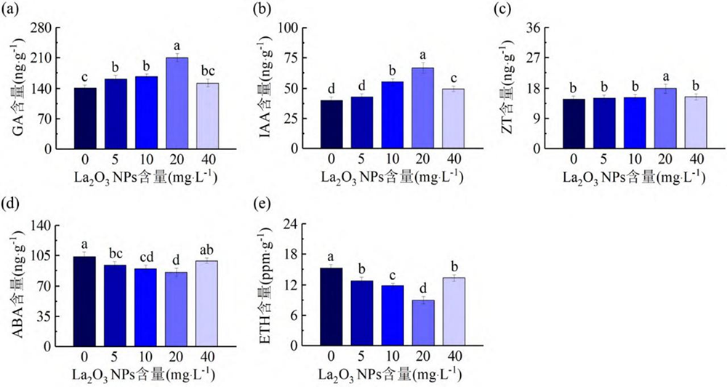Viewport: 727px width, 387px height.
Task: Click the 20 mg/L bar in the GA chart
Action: coord(177,103)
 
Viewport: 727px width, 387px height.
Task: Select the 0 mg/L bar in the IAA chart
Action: coord(332,124)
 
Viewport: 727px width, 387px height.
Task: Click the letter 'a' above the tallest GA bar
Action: coord(177,45)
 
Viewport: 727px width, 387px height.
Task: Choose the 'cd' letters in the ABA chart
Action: coord(146,256)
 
